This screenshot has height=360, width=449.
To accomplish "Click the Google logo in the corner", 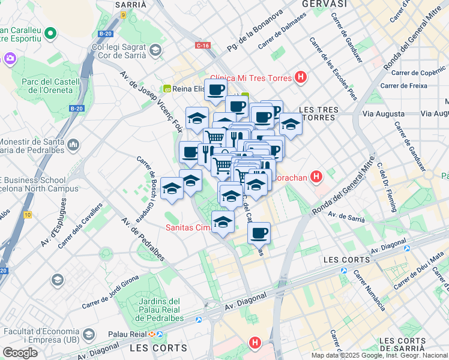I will pyautogui.click(x=20, y=353).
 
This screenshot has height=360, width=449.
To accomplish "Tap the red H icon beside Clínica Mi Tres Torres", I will pyautogui.click(x=301, y=78).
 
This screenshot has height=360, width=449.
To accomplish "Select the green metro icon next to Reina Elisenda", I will pyautogui.click(x=167, y=89).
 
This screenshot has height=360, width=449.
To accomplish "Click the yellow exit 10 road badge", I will pyautogui.click(x=28, y=214).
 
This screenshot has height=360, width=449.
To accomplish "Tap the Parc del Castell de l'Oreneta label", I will pyautogui.click(x=50, y=86).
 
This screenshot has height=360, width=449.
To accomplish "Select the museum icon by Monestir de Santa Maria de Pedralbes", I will pyautogui.click(x=73, y=145).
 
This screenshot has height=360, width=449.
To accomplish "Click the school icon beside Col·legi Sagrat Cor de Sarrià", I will pyautogui.click(x=156, y=50).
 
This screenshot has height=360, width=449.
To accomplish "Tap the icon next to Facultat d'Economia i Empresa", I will pyautogui.click(x=88, y=334).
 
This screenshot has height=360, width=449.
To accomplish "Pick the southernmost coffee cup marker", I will pyautogui.click(x=259, y=232).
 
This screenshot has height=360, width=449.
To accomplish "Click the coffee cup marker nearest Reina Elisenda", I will pyautogui.click(x=216, y=90).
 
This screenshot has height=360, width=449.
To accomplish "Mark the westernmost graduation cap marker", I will pyautogui.click(x=172, y=190).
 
